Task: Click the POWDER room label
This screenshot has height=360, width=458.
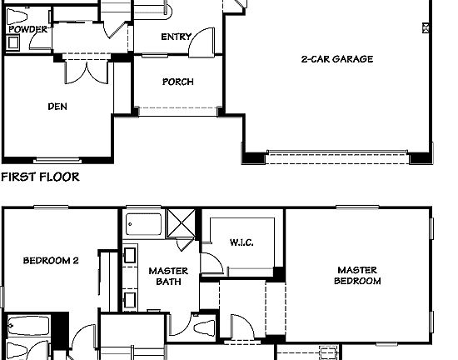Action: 27,29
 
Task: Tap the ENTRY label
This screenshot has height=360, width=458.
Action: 176,36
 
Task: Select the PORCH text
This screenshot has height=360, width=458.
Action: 177,82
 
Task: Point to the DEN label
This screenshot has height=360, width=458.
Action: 57,106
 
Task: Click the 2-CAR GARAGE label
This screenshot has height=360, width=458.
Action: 336,59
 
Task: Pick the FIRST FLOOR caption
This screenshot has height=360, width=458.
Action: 40,177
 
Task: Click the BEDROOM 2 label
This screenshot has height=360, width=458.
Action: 50,260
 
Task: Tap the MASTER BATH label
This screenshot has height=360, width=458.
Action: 167,276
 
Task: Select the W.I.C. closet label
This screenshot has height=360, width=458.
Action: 241,242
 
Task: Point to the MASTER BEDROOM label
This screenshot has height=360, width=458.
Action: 357,275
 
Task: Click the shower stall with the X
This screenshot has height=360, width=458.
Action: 180,222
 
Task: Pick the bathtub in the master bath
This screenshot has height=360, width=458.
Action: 145,225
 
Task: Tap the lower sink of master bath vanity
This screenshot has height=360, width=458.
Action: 130,298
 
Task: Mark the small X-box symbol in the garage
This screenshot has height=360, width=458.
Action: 426,28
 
